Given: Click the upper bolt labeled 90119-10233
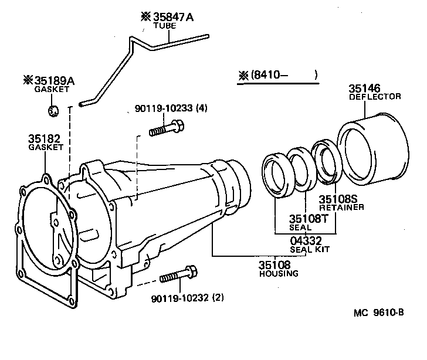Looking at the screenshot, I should (167, 128).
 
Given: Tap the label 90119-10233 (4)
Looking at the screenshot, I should (171, 108).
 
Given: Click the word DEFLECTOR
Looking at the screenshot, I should (375, 96).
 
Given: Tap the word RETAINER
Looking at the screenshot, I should (341, 208).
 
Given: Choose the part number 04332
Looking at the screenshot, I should (306, 240).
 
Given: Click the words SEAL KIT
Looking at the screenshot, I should (310, 249).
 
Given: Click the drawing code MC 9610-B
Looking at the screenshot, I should (379, 313).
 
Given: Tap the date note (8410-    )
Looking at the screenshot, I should (278, 75).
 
